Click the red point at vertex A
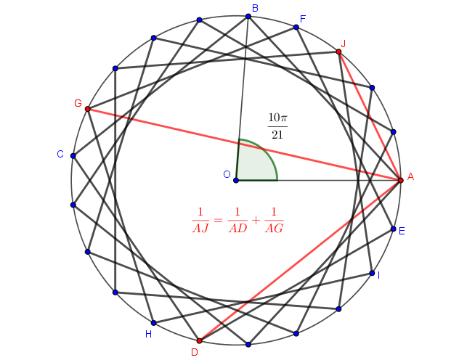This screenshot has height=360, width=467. click(401, 180)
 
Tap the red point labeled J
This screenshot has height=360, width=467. click(338, 52)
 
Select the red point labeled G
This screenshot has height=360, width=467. click(88, 109)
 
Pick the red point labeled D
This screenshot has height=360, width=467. click(200, 340)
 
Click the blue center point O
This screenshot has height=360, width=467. click(236, 180)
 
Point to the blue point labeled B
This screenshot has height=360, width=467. click(248, 17)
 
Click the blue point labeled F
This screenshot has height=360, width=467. click(296, 28)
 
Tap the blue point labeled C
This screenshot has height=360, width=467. click(73, 155)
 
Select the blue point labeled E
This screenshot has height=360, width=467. click(394, 229)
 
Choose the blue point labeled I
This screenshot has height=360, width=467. click(372, 273)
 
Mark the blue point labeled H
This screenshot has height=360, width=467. click(154, 323)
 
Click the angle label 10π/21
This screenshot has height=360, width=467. click(277, 126)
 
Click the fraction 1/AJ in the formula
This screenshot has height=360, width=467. click(200, 220)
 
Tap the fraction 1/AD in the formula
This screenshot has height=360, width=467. click(237, 220)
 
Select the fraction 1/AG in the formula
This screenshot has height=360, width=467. click(274, 220)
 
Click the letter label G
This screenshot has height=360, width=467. click(78, 103)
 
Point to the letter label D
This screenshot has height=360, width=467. click(195, 352)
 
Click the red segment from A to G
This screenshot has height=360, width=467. click(244, 145)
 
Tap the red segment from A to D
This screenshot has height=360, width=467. click(300, 261)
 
